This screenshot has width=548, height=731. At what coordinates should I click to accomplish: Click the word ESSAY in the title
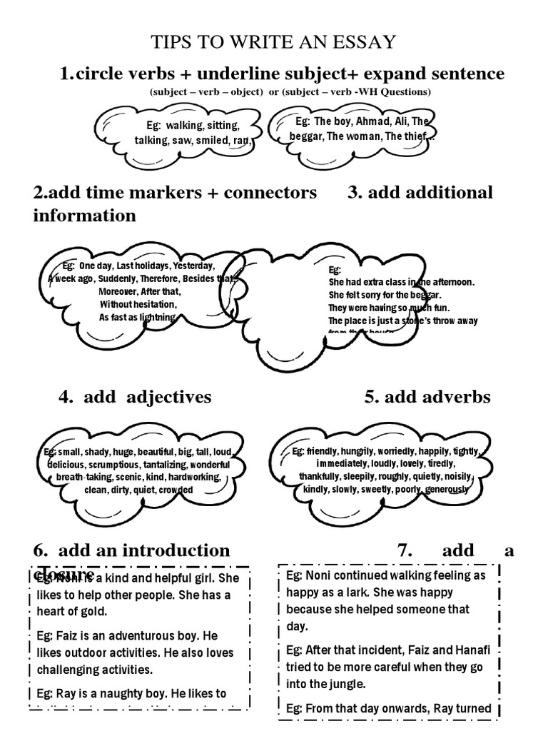pyautogui.click(x=365, y=41)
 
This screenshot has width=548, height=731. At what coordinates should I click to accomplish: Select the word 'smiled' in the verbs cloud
pyautogui.click(x=212, y=141)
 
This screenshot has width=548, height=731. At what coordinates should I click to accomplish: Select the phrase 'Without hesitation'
pyautogui.click(x=138, y=304)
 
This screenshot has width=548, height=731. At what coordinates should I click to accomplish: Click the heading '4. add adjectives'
pyautogui.click(x=135, y=397)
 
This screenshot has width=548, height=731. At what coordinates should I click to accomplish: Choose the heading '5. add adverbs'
pyautogui.click(x=427, y=397)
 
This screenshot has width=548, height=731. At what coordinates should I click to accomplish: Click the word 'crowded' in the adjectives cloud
pyautogui.click(x=176, y=490)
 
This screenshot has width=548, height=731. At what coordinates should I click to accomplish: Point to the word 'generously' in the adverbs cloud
pyautogui.click(x=447, y=490)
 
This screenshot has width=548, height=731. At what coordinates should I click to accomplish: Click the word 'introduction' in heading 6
pyautogui.click(x=181, y=550)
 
